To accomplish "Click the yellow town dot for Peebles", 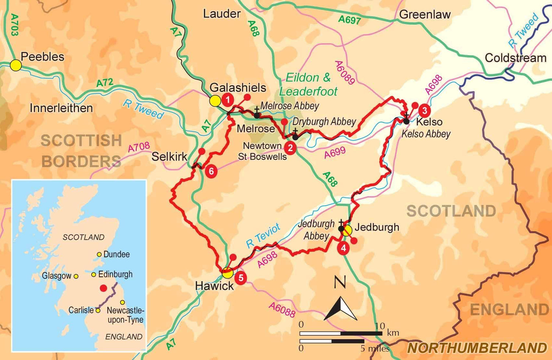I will point(16,65).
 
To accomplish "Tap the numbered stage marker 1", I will point(228,100).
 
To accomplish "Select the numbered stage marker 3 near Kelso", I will point(424,110).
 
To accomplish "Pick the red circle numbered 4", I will point(343,248).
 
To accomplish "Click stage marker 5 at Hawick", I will point(241,277).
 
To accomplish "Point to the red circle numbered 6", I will point(211,171).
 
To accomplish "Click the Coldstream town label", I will point(515,58).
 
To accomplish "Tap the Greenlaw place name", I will point(425,15).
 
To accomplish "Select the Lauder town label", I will point(222,14).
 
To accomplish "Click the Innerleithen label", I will point(61,108).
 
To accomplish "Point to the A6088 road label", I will point(282,310).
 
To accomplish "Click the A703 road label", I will point(14,25).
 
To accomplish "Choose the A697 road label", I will point(349,19).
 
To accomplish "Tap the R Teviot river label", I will point(263,235).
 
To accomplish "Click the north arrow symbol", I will point(341,308).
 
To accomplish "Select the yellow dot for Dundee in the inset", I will point(99,254).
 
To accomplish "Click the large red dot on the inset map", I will point(104,288).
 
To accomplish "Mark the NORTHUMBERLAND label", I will point(477,348).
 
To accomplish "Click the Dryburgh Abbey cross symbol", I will point(295,136).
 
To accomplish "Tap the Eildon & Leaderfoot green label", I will point(308,85).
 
